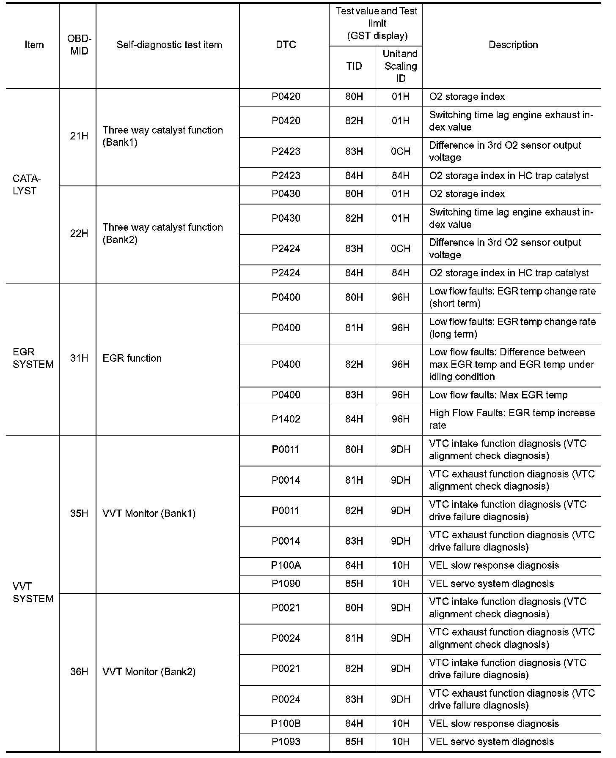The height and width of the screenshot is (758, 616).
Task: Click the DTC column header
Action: coord(286,45)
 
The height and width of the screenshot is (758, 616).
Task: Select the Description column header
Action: coord(513,45)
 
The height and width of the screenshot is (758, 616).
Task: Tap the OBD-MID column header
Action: coord(79,45)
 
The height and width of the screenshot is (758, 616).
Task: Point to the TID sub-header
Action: coord(354,66)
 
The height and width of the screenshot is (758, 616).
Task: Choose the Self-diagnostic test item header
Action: coord(169,45)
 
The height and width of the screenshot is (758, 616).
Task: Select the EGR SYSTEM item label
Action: coord(33,358)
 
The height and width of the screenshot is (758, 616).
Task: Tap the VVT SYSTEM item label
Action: coord(33,592)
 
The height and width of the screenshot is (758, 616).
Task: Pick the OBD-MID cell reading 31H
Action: coord(79,358)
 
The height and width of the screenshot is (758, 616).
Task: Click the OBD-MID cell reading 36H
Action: coord(79,671)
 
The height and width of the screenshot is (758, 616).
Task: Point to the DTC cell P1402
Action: coord(286,419)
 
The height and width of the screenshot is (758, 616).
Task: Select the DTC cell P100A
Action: coord(286,565)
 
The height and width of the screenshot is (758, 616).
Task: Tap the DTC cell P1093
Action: coord(286,742)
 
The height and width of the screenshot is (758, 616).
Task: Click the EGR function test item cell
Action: coord(132,358)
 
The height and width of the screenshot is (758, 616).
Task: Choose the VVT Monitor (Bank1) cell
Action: coord(149,513)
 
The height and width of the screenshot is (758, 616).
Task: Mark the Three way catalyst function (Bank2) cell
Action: coord(162,234)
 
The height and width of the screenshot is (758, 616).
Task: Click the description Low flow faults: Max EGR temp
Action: coord(498,395)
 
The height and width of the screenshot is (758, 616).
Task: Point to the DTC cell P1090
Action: coord(286,583)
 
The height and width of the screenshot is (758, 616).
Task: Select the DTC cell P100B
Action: coord(286,723)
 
